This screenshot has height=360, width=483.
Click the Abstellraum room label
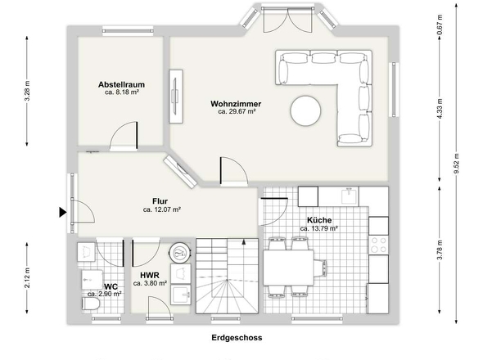pos(121,84)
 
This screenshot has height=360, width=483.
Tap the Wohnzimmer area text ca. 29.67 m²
pos(237,111)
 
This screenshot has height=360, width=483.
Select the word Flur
pos(160,201)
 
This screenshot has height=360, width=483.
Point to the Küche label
pos(319,220)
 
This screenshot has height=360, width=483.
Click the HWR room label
pos(150,275)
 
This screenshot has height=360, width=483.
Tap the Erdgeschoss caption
pos(237,338)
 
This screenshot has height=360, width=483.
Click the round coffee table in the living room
pos(305,111)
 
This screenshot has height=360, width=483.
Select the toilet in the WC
pos(91,304)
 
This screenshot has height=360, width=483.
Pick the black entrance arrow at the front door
pos(63,212)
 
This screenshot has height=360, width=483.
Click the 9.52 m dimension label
pos(456,164)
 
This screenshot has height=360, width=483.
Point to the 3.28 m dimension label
pos(27,91)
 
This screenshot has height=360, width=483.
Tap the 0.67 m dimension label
pos(440,25)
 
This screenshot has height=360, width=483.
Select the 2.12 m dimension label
pos(27,278)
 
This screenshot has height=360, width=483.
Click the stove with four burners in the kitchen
pos(378,245)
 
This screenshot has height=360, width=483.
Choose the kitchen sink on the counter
pos(350,196)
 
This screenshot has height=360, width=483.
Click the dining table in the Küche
pos(288,268)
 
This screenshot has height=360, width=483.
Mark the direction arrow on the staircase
pos(244,241)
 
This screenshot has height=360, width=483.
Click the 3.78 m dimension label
pos(440,250)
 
